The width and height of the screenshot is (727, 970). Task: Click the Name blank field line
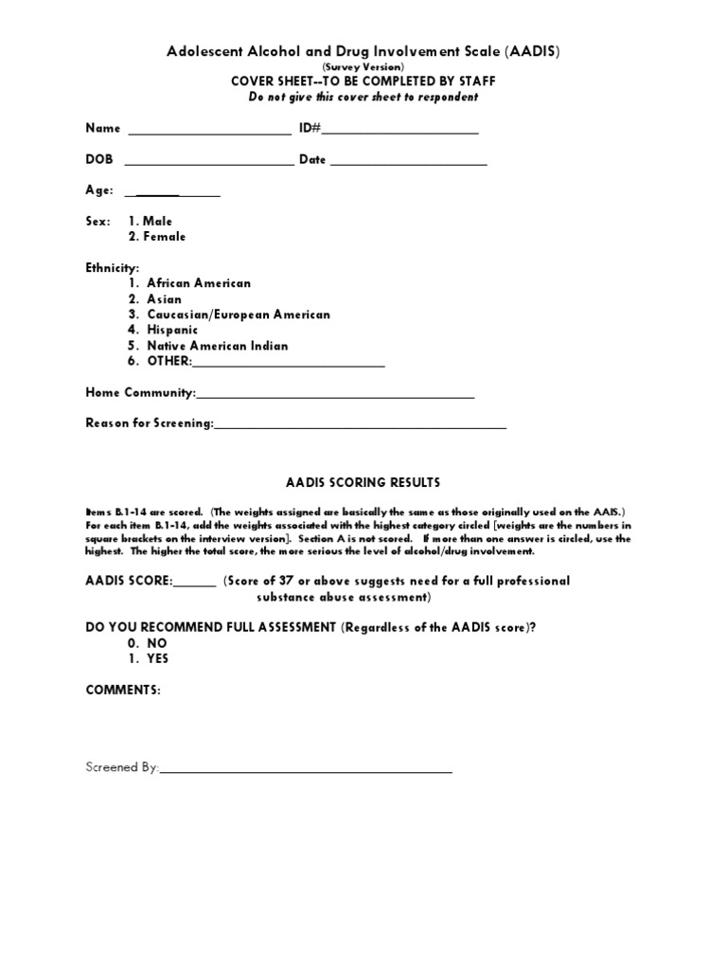coord(209,132)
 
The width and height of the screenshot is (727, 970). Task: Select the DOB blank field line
coord(208,163)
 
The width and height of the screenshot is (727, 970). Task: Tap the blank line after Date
coord(408,163)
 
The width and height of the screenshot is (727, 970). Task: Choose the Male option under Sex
coord(151,221)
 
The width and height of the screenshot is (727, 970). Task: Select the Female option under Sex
coord(157,237)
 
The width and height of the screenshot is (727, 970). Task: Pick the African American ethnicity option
coord(190,283)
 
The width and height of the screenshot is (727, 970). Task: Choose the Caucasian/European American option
coord(229,314)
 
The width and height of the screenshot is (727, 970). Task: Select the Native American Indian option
coord(208,346)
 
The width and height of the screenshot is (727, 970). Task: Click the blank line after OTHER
coord(289,364)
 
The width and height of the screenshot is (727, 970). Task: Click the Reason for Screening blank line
coord(361,426)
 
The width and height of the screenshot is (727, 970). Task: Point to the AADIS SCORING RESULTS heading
coord(363,482)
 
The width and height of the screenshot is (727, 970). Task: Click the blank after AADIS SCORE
coord(195,584)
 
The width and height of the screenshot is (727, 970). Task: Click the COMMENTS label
coord(123,691)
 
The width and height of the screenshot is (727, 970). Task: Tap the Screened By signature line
coord(306,771)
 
